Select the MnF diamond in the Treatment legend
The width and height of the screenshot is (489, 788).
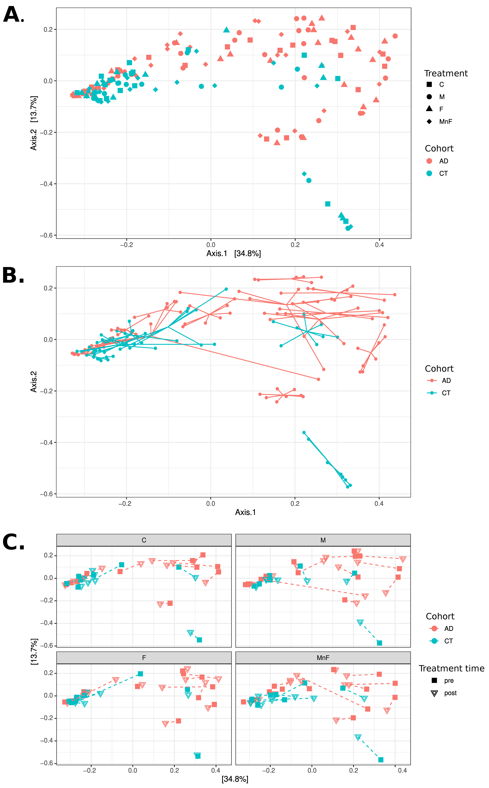(429, 122)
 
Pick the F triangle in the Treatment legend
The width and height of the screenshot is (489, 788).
(429, 109)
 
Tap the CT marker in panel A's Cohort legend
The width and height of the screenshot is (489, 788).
(429, 173)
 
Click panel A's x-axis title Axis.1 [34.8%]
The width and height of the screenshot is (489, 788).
(233, 253)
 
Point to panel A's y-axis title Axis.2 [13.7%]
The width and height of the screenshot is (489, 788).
(34, 123)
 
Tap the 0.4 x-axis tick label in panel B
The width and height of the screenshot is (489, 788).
(379, 504)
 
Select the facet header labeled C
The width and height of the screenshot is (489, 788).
(144, 540)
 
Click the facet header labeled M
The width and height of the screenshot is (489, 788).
(323, 540)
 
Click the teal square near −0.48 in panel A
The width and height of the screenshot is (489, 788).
(328, 204)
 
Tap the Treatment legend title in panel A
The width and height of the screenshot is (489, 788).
(446, 73)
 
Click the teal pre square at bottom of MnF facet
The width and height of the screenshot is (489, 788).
(381, 760)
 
